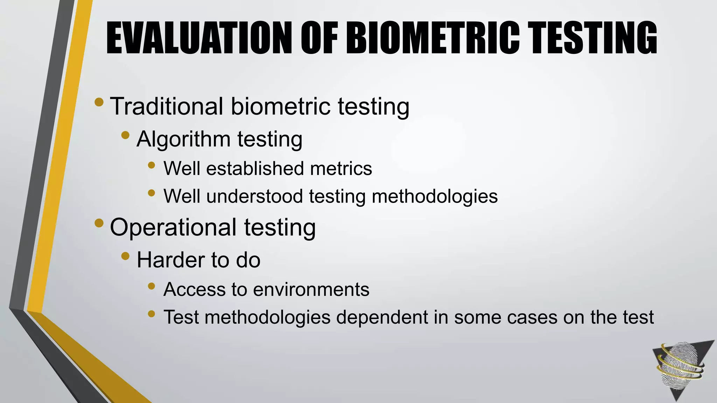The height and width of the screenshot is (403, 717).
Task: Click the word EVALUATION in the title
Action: point(199,38)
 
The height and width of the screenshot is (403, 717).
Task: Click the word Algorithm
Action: point(183,139)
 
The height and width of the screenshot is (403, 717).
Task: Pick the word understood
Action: point(255,196)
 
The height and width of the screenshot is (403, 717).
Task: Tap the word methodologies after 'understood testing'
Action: point(434,197)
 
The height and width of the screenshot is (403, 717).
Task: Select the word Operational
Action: point(173,227)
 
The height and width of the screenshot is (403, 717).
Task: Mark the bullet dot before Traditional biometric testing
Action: point(99,102)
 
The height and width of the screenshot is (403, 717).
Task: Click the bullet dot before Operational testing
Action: point(99,223)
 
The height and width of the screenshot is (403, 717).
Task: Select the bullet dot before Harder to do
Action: point(125,256)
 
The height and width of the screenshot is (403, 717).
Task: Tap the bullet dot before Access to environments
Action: point(151,286)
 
